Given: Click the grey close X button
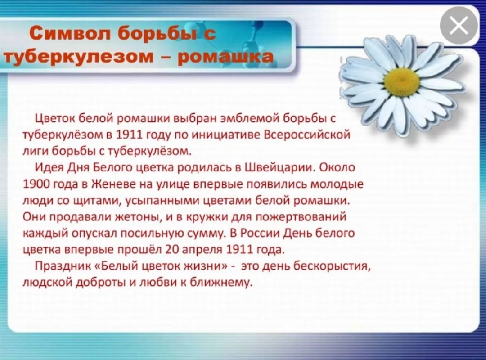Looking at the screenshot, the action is pos(459,26).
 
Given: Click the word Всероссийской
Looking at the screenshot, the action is pos(307,135).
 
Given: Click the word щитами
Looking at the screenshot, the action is pos(98,201).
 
